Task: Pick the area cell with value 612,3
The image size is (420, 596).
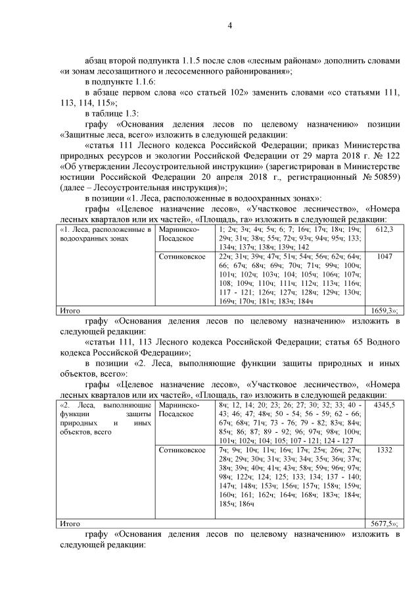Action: (384, 229)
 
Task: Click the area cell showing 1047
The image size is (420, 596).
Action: (384, 256)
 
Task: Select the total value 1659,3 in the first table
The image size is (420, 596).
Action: (383, 310)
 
